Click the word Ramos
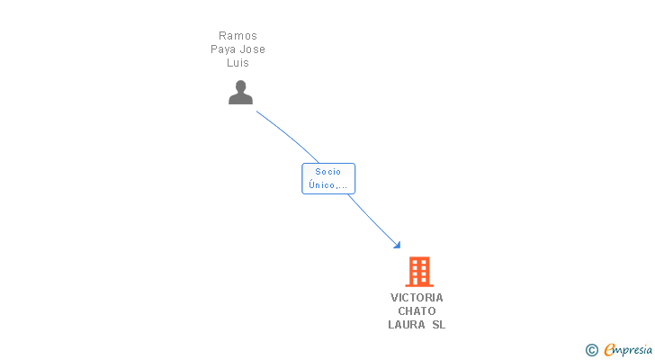238,35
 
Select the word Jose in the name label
251,49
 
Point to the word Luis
238,63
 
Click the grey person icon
240,93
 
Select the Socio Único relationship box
328,179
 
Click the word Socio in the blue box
327,172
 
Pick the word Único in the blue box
322,184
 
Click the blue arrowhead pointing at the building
398,245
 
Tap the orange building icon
419,272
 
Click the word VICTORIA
417,297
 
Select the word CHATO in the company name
417,310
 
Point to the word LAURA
408,324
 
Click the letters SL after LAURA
439,324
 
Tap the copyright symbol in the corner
591,350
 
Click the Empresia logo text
627,350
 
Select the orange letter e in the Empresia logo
609,349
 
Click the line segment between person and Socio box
289,135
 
